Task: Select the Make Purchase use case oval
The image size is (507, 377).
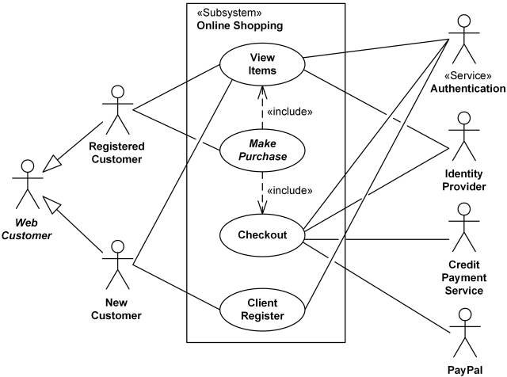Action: (x=262, y=150)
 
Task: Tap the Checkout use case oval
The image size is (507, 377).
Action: (x=262, y=234)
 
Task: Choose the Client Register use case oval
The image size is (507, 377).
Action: (x=262, y=309)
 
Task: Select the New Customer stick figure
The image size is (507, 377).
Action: (x=116, y=263)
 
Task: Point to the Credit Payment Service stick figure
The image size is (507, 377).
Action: (x=464, y=225)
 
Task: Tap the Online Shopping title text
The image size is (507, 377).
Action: (x=239, y=26)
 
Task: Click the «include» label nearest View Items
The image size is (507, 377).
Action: (x=290, y=112)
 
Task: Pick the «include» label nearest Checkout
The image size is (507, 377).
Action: (x=290, y=191)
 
